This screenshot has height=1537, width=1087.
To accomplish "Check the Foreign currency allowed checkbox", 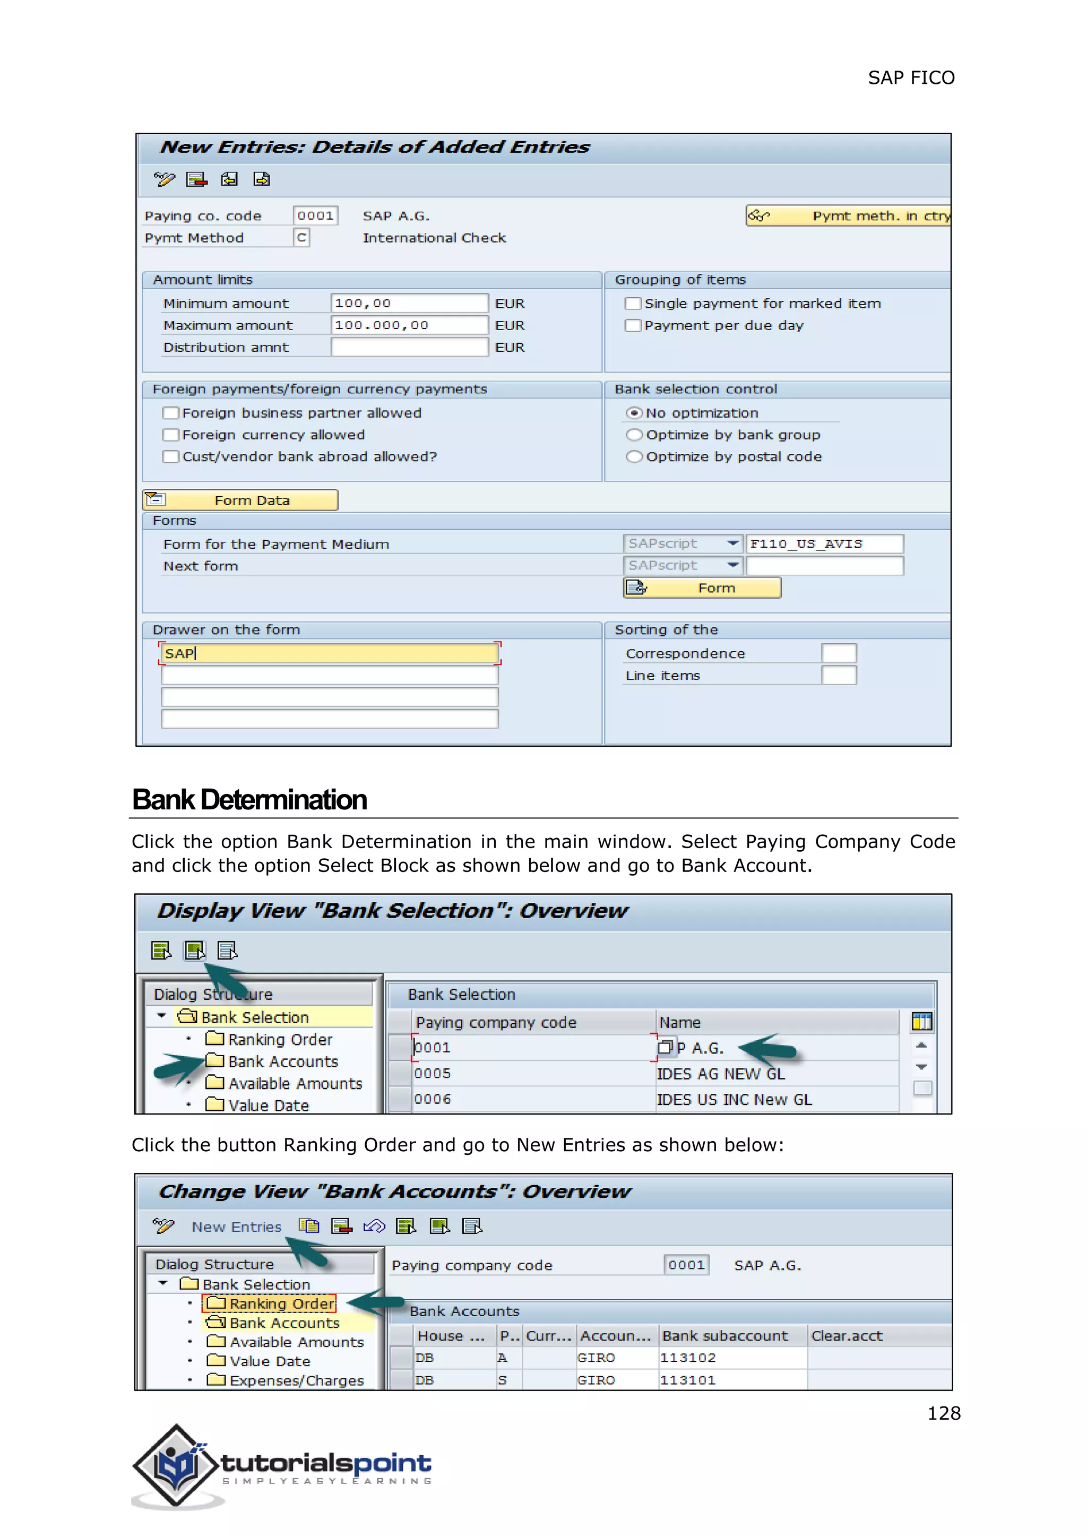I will [171, 435].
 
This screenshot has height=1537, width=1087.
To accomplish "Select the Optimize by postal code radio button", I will [634, 457].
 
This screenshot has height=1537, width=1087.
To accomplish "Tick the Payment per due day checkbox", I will [633, 326].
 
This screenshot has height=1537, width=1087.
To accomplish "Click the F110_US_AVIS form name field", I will [823, 543].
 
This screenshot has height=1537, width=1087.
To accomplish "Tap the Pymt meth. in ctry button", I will [848, 215].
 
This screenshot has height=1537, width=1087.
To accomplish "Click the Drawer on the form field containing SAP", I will [329, 653].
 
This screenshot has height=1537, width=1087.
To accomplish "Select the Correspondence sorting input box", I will [838, 653].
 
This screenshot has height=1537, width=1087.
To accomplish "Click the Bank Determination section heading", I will [249, 800].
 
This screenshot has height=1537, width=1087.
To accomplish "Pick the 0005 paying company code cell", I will [532, 1074].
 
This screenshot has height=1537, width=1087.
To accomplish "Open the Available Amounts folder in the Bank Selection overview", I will [295, 1084].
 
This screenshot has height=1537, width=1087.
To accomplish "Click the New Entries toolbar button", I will [236, 1227].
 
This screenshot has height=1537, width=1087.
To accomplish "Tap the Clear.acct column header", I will [847, 1336].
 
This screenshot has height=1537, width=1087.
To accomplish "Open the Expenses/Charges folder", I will [296, 1380].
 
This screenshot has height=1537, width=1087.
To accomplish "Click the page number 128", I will [943, 1413].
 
